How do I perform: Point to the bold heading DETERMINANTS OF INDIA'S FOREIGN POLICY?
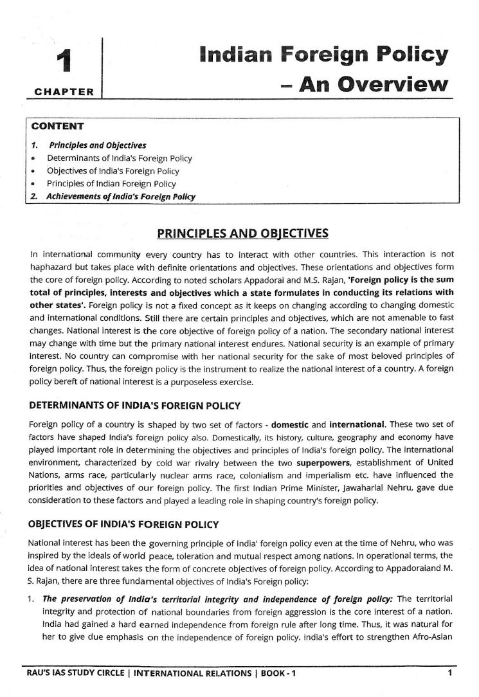coord(135,406)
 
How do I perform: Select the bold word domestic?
coord(297,424)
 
